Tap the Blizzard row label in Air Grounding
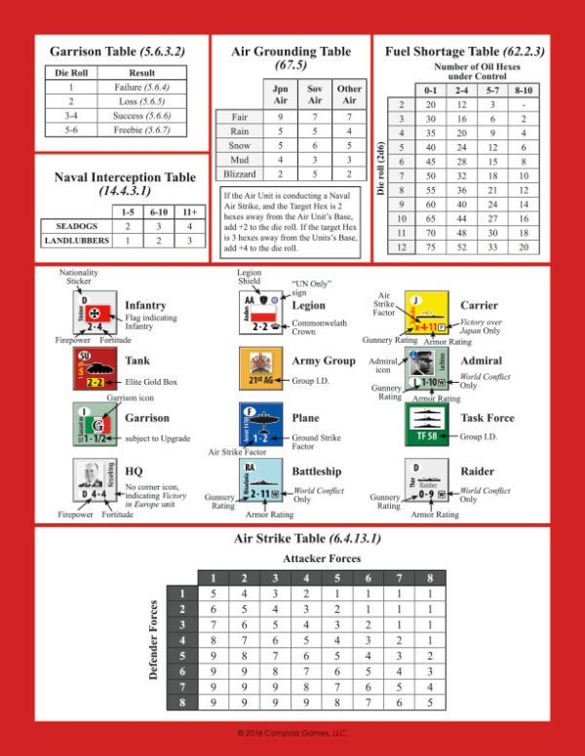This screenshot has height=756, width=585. [x=237, y=172]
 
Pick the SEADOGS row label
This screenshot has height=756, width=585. [x=73, y=225]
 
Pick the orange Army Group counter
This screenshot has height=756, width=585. [x=260, y=369]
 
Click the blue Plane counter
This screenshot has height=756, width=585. [x=260, y=423]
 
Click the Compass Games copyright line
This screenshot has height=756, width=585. [x=292, y=733]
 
